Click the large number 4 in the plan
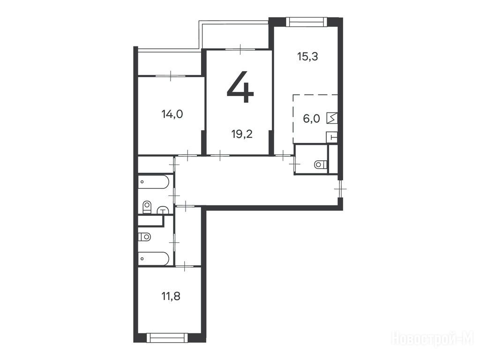[x=240, y=87]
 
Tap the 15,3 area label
[x=307, y=57]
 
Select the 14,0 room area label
[x=172, y=114]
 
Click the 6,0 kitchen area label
[x=311, y=119]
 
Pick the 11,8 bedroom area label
[x=171, y=296]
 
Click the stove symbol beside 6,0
[x=332, y=118]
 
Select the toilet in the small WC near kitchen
[x=321, y=165]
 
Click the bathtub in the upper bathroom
[x=153, y=181]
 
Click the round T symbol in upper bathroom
[x=164, y=210]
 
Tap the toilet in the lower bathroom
[x=144, y=237]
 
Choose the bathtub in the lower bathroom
[x=153, y=259]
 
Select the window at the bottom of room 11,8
[x=167, y=338]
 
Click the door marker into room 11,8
[x=185, y=266]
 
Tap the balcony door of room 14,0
[x=171, y=75]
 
